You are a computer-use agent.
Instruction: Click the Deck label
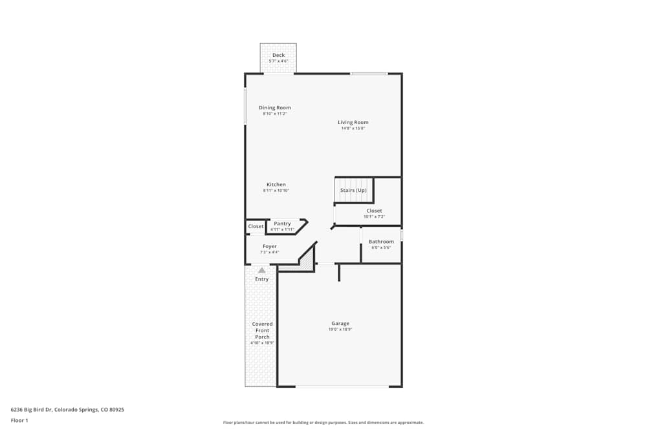(278, 55)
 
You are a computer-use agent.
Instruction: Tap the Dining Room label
(275, 108)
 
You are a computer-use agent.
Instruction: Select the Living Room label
(353, 122)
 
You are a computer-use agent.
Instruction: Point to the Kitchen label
(276, 185)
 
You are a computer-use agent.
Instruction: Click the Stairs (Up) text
(353, 190)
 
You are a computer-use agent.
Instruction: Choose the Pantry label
(282, 224)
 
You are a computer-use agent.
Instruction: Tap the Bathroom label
(381, 242)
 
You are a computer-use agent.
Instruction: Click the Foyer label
(270, 246)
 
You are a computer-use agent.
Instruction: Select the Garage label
(340, 323)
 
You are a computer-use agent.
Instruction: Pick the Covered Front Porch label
(262, 330)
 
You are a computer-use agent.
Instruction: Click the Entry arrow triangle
(261, 270)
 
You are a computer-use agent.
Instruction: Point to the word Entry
(261, 279)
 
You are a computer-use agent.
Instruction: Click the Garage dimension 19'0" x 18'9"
(340, 330)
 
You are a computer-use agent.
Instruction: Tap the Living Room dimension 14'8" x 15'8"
(353, 129)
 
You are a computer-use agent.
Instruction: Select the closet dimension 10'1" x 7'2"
(374, 217)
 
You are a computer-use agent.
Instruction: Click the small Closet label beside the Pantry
(256, 226)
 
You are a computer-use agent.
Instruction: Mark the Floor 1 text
(19, 420)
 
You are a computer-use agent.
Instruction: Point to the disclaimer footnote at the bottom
(323, 423)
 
